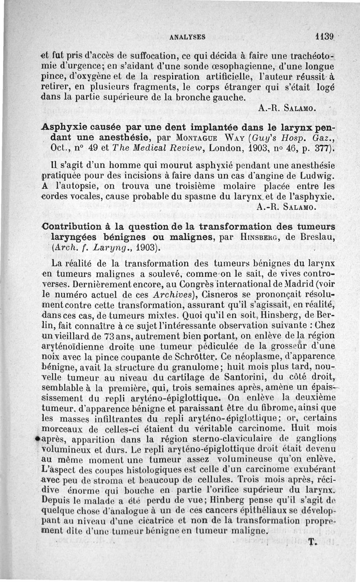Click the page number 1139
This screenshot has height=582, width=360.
coord(324,36)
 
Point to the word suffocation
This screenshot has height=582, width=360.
coord(130,57)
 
